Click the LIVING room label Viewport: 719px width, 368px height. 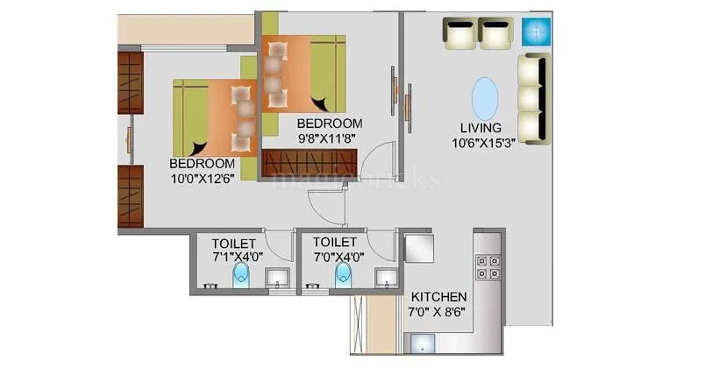(x=481, y=128)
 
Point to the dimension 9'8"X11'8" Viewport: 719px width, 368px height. (x=329, y=138)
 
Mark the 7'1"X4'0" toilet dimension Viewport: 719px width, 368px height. (x=234, y=256)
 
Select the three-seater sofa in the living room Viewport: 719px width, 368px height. (x=533, y=96)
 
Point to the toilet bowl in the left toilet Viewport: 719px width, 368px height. (x=241, y=278)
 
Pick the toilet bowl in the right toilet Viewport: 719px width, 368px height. (x=342, y=278)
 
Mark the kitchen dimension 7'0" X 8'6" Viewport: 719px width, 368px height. (x=436, y=311)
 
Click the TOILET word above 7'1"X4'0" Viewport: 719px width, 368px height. (x=234, y=242)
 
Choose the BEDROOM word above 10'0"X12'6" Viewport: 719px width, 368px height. (x=202, y=163)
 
